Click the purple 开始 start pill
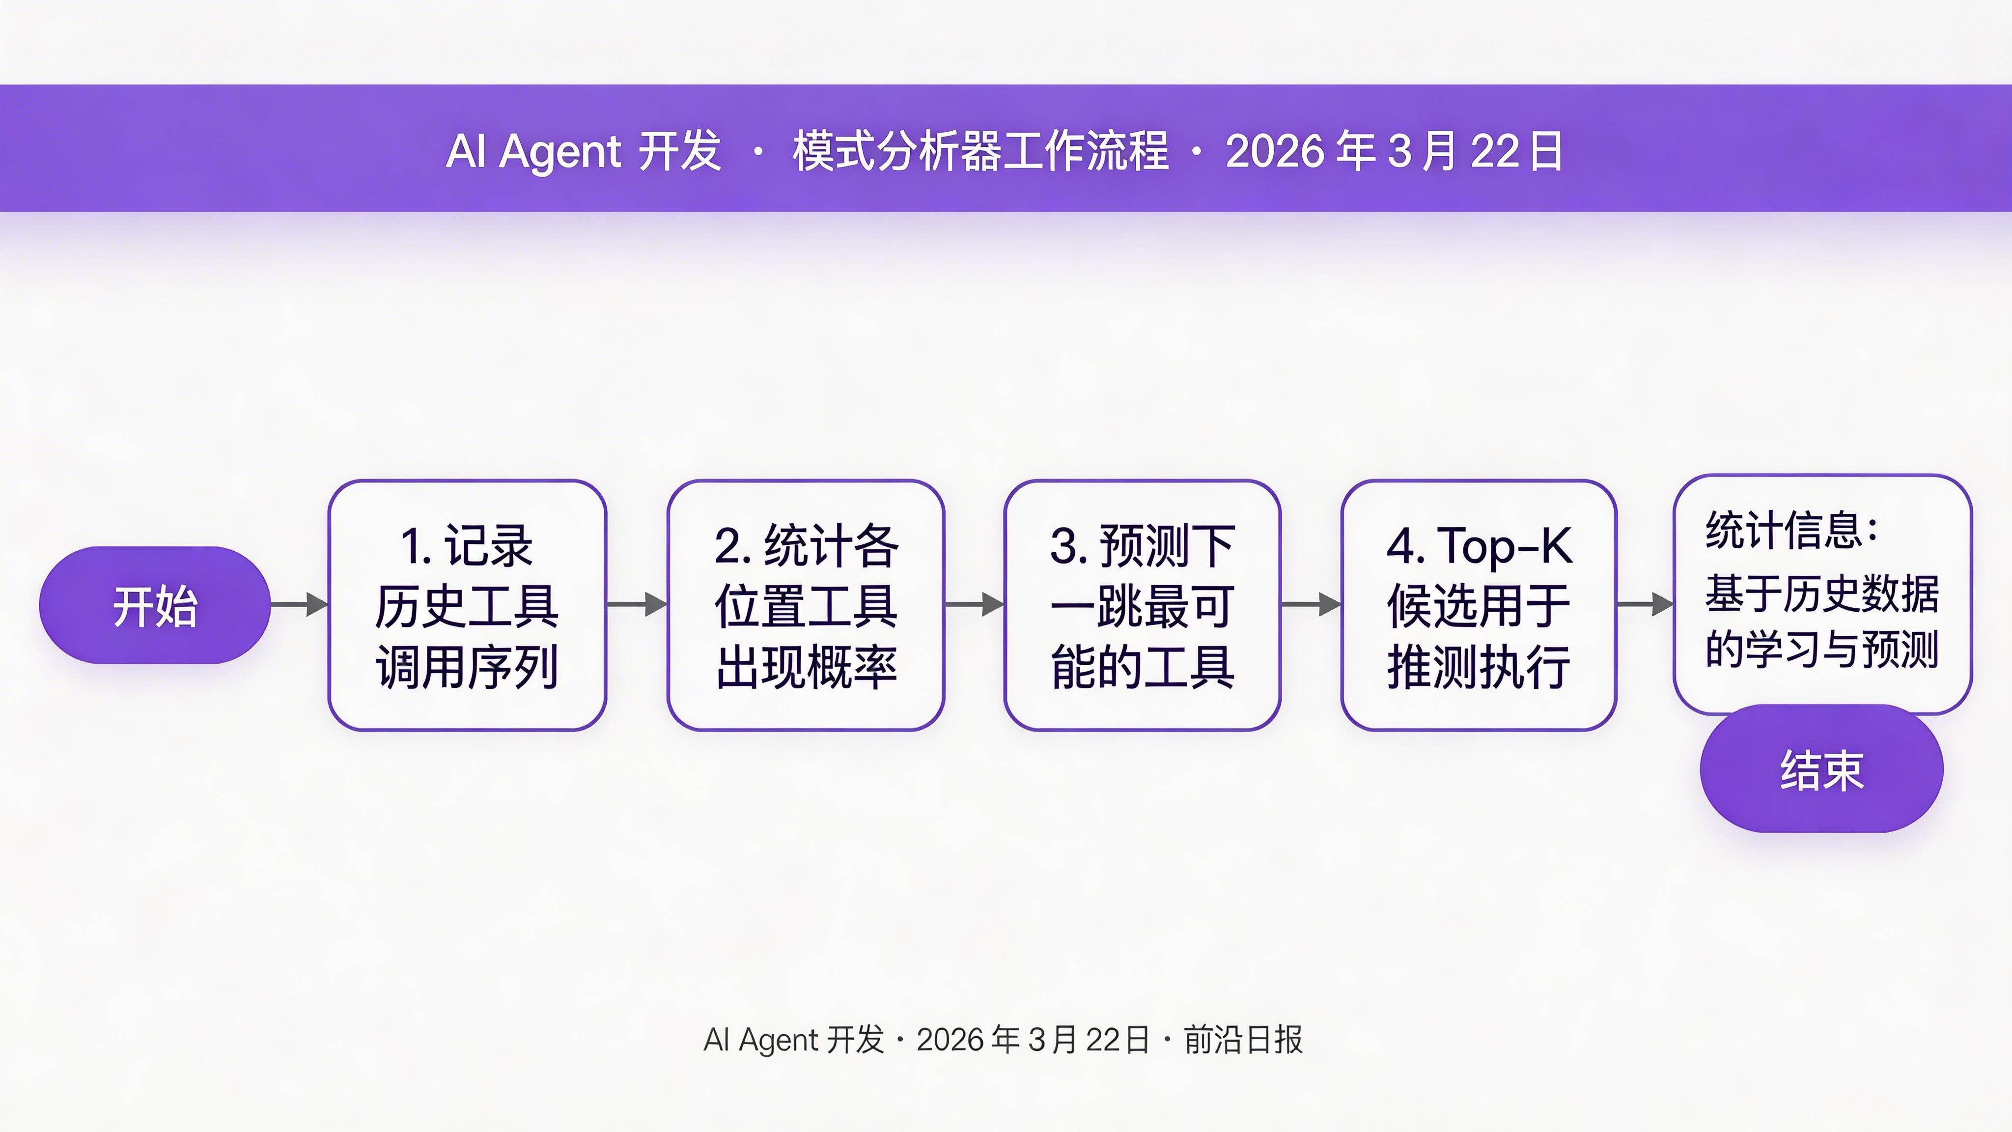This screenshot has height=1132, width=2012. [x=155, y=605]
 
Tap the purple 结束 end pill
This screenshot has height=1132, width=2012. [x=1821, y=769]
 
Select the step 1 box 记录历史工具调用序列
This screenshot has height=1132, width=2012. [x=467, y=605]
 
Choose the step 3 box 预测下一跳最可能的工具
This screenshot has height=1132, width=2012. [x=1142, y=605]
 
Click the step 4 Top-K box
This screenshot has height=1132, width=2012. [x=1479, y=605]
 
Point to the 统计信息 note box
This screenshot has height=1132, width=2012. [x=1822, y=594]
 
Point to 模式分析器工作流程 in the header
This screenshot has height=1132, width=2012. [x=981, y=151]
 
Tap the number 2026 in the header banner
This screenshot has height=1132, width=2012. [x=1275, y=151]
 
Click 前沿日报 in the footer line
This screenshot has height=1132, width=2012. [x=1243, y=1040]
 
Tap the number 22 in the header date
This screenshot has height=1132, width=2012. [x=1496, y=151]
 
